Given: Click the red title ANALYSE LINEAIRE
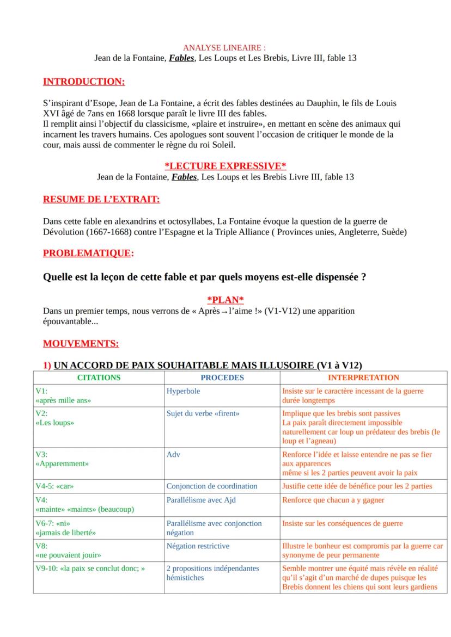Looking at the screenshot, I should click(x=225, y=48).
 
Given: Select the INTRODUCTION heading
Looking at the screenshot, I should click(x=83, y=82).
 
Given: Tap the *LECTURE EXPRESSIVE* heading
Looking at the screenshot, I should click(x=225, y=166).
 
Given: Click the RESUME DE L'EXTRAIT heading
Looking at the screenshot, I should click(x=101, y=200).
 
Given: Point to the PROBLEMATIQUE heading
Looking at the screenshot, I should click(x=88, y=253).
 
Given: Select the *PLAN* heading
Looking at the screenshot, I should click(x=225, y=300).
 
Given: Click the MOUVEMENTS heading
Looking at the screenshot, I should click(x=81, y=344).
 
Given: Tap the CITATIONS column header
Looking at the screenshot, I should click(x=99, y=378).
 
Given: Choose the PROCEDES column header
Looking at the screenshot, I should click(x=222, y=378).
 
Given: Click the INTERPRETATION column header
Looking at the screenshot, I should click(x=363, y=378).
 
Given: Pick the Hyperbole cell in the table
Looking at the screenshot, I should click(x=183, y=391).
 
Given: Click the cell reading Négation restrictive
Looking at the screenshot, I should click(x=198, y=546).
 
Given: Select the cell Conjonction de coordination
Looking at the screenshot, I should click(x=211, y=486).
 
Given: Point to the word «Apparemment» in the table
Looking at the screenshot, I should click(x=62, y=464).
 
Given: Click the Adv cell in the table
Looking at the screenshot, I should click(x=173, y=454).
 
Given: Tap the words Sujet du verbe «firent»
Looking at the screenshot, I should click(x=203, y=413).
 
